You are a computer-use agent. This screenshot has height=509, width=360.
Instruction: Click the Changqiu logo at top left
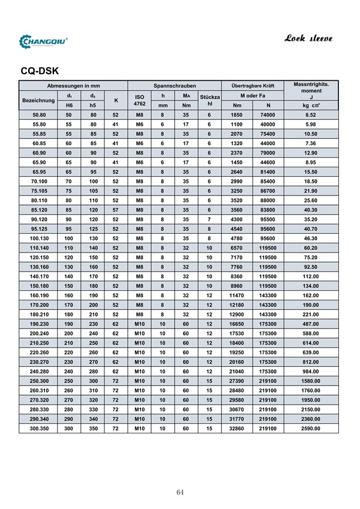click(x=44, y=41)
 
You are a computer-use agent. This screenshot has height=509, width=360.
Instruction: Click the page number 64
click(x=180, y=492)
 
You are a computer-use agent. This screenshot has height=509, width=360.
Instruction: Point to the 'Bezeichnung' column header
click(x=38, y=100)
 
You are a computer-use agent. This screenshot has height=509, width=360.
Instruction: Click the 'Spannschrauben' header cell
click(x=175, y=86)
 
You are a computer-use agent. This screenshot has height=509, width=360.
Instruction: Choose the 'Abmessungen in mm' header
click(x=74, y=86)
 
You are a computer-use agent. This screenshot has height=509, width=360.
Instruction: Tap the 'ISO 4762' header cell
click(x=140, y=100)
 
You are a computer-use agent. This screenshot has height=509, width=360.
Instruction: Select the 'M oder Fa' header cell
click(x=253, y=96)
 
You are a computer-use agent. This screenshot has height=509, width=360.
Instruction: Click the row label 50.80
click(x=40, y=115)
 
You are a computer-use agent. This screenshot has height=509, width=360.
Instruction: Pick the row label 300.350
click(x=40, y=429)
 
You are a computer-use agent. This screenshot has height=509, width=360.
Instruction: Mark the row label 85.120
click(x=40, y=210)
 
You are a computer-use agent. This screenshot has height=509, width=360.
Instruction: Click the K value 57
click(x=115, y=210)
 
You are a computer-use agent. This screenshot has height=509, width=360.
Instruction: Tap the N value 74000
click(x=268, y=115)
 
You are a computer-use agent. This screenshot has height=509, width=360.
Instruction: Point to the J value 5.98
click(x=311, y=124)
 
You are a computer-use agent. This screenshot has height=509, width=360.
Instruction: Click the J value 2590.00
click(x=311, y=429)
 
